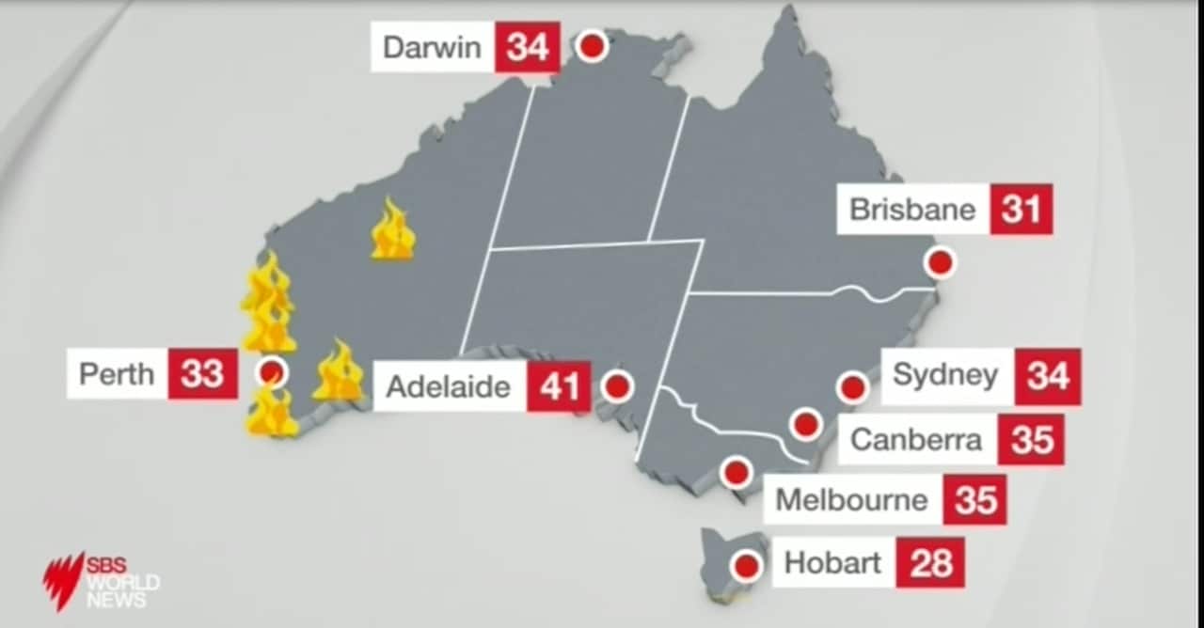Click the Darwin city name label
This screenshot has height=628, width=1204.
[433, 47]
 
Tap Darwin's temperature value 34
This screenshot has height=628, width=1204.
[528, 47]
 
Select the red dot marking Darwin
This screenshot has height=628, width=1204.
[592, 45]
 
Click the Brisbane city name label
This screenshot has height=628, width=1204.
[912, 209]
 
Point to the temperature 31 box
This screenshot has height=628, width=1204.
[1021, 209]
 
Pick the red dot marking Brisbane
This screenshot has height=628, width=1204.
[940, 262]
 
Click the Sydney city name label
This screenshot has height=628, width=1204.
[945, 375]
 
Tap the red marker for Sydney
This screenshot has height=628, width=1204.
[852, 386]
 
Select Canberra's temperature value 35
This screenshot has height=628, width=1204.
[1032, 440]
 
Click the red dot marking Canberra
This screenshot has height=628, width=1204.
[805, 424]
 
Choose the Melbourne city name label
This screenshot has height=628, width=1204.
[851, 499]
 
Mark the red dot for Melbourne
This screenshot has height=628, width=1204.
[736, 472]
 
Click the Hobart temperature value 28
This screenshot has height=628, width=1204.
[930, 563]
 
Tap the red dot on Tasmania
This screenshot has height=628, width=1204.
[746, 566]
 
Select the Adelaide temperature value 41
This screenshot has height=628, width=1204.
[559, 386]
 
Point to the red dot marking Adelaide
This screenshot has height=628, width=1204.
[617, 386]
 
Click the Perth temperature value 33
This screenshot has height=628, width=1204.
[202, 373]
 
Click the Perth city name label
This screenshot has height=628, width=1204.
[117, 373]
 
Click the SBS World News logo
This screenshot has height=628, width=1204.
[101, 580]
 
